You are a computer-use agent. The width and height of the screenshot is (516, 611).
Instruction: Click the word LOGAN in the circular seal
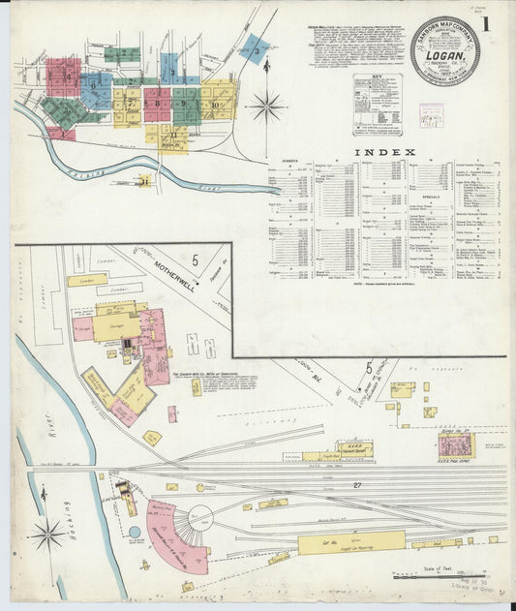point(443,54)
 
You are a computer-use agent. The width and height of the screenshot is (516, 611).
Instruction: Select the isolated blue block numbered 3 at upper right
point(254,48)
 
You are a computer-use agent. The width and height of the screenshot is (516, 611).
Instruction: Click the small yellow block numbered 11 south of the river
point(143,179)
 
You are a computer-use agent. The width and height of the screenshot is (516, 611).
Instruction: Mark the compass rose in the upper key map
point(266,105)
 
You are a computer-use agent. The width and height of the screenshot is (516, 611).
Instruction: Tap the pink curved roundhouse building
point(169,537)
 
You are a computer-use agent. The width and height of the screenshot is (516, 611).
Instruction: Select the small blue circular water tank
point(135,532)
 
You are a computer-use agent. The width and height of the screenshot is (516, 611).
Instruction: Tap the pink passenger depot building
point(454,444)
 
